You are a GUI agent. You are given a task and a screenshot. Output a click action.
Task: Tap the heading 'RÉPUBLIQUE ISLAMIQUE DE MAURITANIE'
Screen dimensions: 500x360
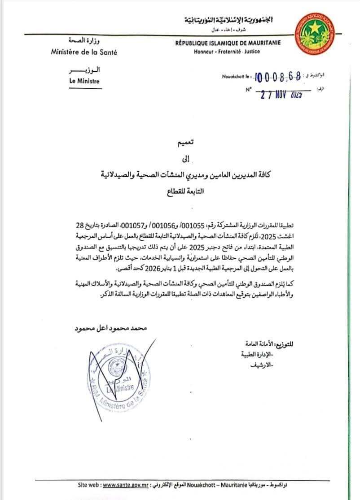pos(228,43)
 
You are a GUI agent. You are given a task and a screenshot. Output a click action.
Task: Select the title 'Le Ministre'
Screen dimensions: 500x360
pos(84,81)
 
